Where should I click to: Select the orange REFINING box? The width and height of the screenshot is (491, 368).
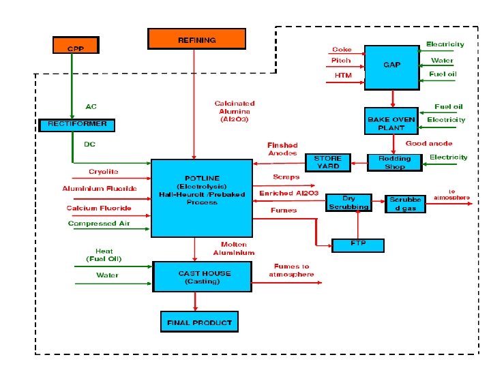pos(196,39)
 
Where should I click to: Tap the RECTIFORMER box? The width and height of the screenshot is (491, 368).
pos(77,125)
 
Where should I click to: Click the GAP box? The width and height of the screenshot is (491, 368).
pos(391,65)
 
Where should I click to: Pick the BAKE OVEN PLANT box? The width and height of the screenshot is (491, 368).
pos(391,123)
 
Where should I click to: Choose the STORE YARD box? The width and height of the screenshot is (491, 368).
pos(327,162)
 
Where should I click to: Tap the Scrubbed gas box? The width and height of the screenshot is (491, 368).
pos(406,203)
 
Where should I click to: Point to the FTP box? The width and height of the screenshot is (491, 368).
pos(357,244)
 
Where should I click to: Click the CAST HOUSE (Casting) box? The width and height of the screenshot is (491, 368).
pos(195,277)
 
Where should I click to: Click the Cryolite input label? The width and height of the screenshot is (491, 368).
pos(103,172)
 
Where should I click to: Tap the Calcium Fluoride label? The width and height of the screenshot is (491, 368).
pos(99,208)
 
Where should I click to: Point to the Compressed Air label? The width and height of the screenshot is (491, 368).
pos(99,224)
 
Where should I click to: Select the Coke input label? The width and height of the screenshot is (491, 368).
pos(341,49)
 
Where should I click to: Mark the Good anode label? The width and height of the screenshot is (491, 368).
pos(428,143)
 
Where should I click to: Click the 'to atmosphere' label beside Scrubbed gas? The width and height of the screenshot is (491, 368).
pos(451,194)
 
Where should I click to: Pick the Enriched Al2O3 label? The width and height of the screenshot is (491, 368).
pos(289,194)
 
